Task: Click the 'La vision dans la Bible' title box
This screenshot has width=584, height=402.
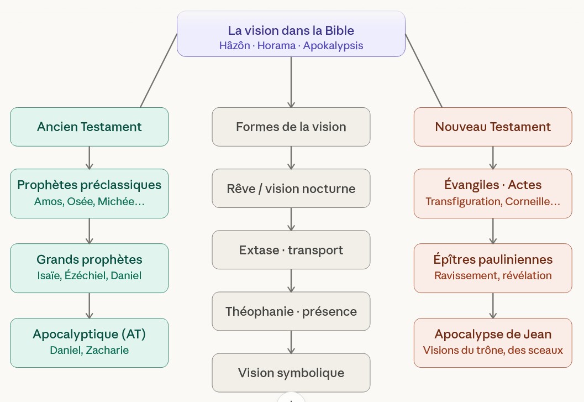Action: [x=291, y=34]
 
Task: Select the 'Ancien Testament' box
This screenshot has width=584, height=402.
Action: [x=89, y=127]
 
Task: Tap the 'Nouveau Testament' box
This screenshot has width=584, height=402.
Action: [x=493, y=127]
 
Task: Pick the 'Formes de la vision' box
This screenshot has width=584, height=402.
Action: [x=291, y=127]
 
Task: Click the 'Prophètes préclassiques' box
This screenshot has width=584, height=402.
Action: [x=89, y=193]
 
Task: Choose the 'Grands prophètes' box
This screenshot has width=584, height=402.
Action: [x=89, y=268]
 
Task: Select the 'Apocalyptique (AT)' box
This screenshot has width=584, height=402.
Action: [x=89, y=342]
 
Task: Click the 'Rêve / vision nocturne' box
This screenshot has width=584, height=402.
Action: [x=291, y=189]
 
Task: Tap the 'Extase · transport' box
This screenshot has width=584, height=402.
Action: [x=291, y=250]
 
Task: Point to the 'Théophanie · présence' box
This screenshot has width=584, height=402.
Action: [x=291, y=311]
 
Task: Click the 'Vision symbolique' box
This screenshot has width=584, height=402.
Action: [x=291, y=373]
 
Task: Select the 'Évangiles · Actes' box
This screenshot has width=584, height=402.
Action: [x=493, y=193]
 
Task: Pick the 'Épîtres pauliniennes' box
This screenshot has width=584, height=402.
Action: [x=493, y=268]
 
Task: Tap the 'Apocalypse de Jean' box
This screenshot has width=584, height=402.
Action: [x=493, y=342]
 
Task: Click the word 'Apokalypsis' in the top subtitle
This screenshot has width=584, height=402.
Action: [x=333, y=46]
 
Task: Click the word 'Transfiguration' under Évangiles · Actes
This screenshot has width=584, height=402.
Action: [x=463, y=201]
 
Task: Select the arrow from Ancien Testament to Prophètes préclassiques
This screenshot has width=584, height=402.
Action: [x=89, y=158]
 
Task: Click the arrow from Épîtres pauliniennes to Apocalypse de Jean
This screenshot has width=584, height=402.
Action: [x=493, y=305]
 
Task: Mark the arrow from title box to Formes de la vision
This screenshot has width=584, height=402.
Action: [x=291, y=82]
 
